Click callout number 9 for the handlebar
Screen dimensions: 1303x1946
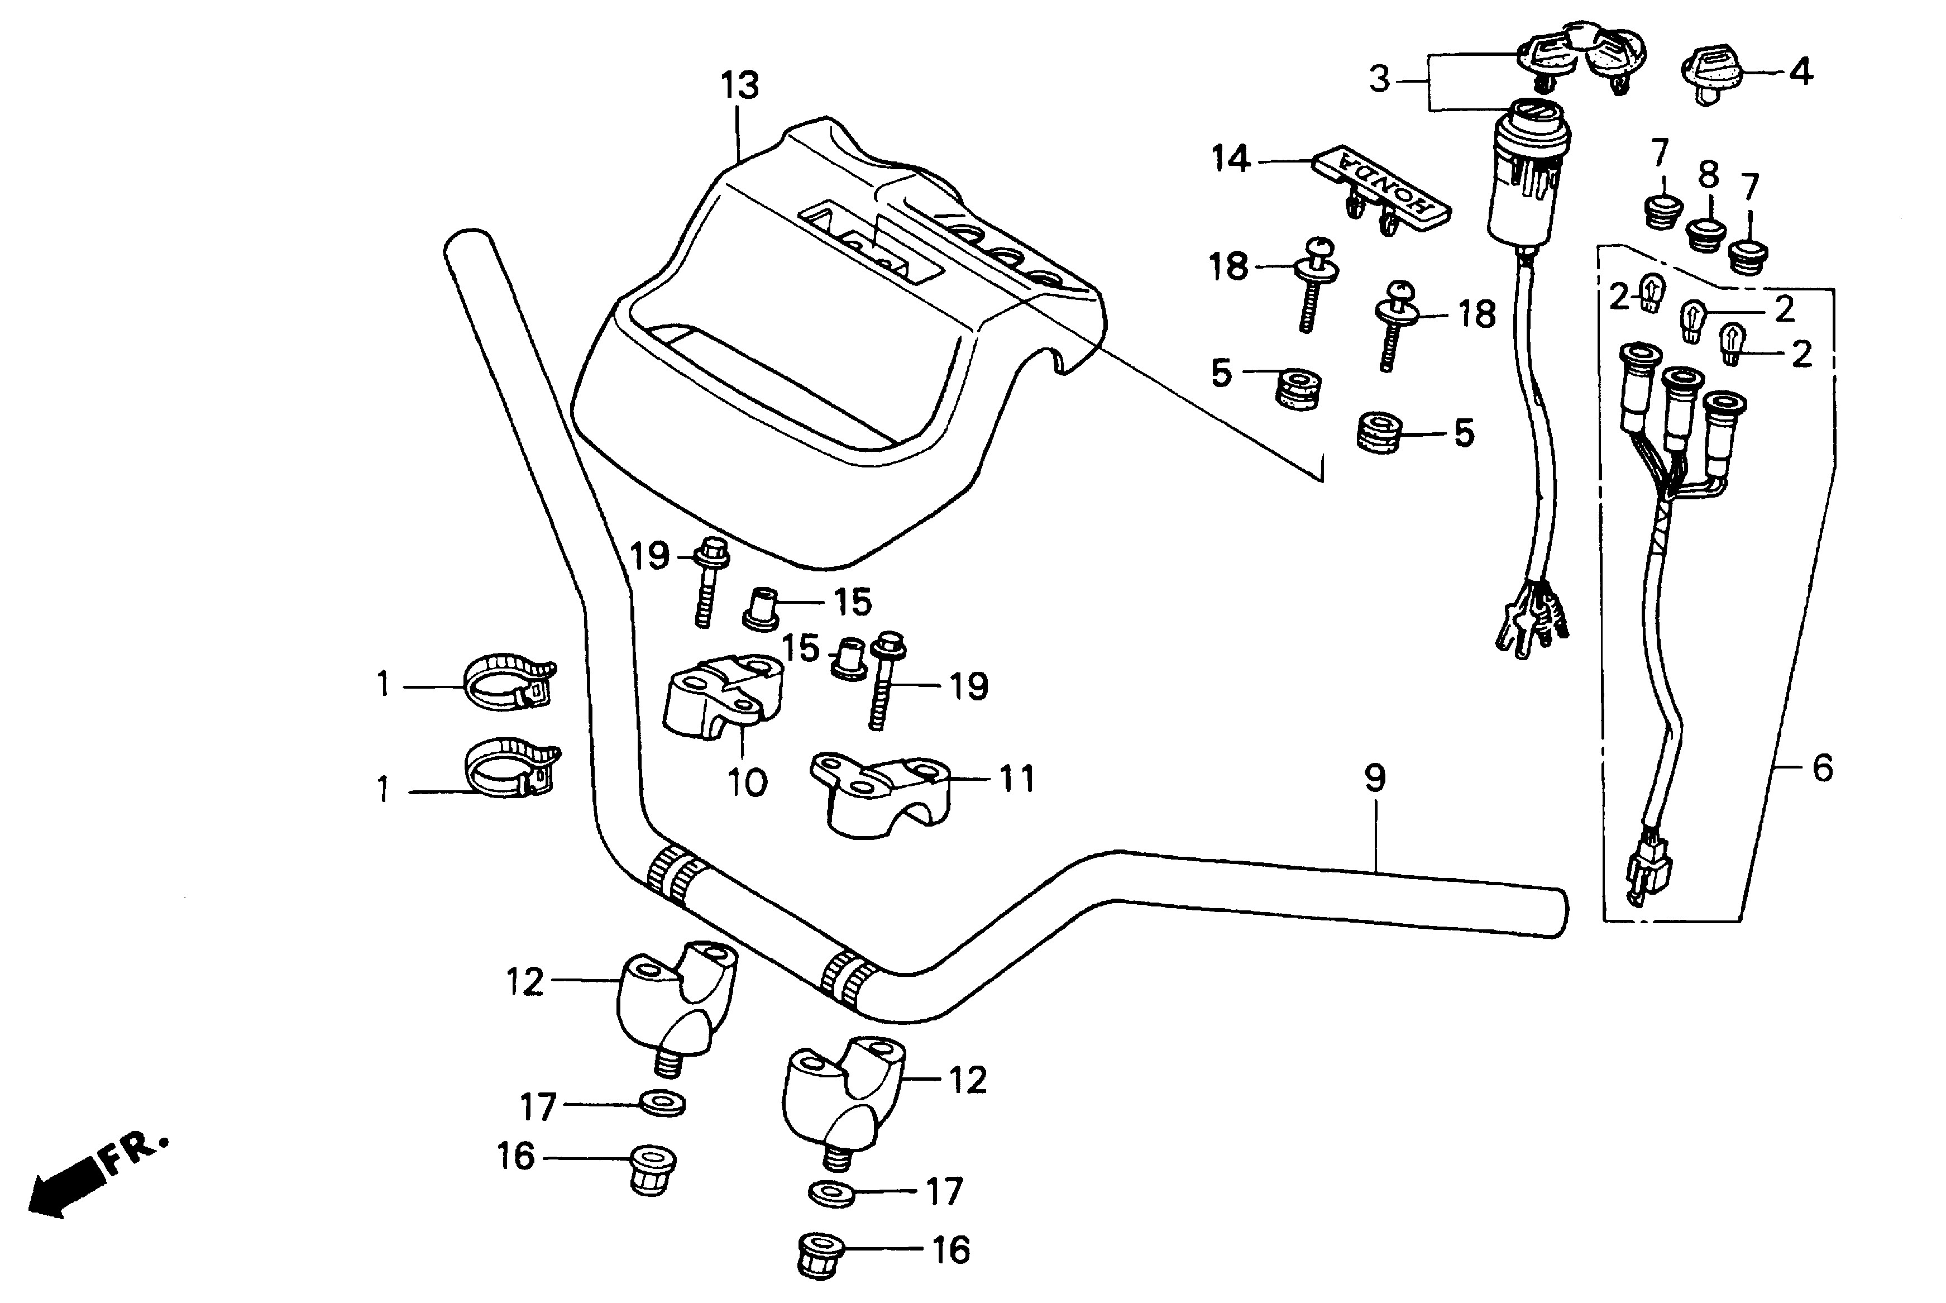(1375, 779)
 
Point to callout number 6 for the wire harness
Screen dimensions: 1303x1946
(1822, 769)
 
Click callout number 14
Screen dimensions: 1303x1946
(1230, 159)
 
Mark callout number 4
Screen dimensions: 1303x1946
(1800, 73)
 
